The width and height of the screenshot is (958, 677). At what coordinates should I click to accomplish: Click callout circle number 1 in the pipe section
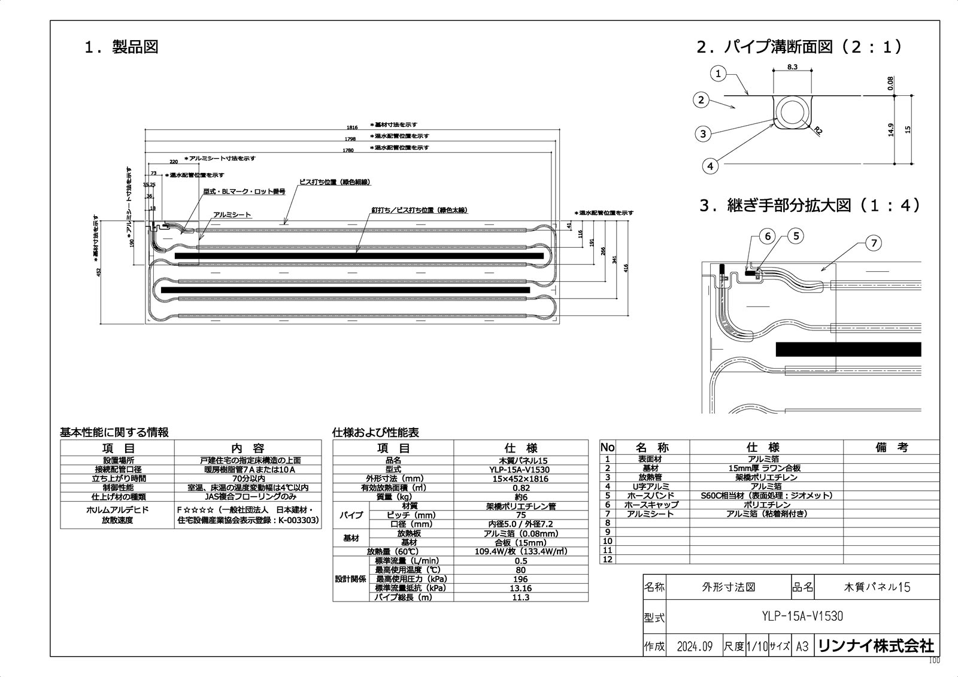[718, 74]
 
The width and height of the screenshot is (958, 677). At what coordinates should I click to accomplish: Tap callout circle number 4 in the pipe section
[710, 166]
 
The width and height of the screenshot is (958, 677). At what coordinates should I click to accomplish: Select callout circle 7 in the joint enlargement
[874, 243]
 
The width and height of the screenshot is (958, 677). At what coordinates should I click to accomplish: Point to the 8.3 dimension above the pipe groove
[792, 67]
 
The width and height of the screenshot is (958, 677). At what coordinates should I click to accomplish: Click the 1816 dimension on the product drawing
[352, 127]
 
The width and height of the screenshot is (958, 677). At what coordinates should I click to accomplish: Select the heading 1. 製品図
[122, 47]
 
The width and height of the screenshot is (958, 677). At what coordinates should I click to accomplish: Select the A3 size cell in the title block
[802, 646]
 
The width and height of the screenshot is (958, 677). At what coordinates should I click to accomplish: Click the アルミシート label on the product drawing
[232, 214]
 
